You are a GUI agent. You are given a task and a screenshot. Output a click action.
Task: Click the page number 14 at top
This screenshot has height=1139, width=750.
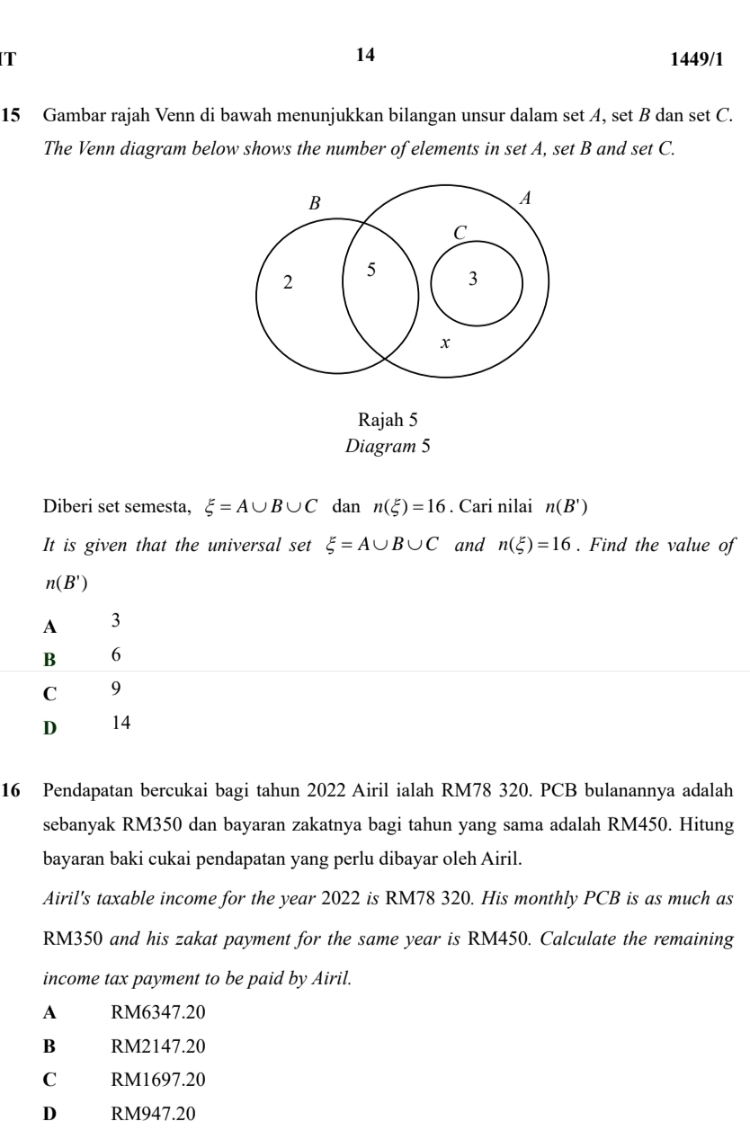[x=365, y=55]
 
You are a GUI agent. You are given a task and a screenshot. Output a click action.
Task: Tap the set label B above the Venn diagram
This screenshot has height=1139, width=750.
[x=315, y=203]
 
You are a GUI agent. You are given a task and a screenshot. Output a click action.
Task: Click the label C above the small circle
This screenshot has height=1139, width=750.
[x=460, y=232]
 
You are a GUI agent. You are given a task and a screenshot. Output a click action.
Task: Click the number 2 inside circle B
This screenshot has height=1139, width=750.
[x=287, y=282]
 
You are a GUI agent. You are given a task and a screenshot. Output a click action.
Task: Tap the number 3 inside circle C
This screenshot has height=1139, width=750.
[x=474, y=279]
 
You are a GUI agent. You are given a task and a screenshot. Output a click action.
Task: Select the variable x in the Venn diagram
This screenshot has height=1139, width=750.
[x=443, y=343]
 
